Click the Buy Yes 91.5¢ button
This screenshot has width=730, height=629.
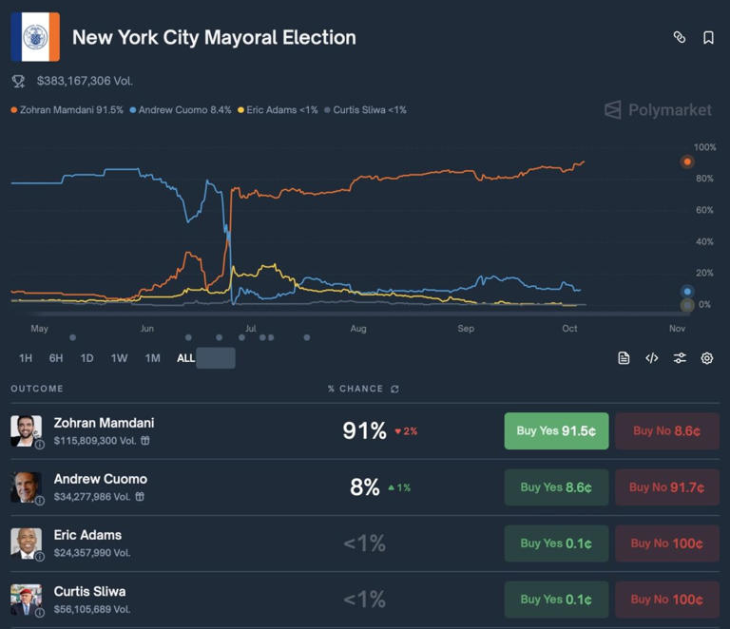point(556,430)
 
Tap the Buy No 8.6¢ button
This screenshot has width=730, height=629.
point(666,430)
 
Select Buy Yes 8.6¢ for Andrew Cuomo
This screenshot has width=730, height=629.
point(556,487)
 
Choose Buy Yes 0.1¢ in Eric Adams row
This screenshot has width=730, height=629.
point(556,543)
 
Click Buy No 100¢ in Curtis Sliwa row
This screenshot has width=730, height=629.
point(666,600)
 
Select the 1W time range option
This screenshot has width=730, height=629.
point(119,358)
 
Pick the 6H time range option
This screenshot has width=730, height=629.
point(56,358)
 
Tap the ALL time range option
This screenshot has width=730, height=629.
point(185,358)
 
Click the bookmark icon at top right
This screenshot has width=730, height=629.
point(708,37)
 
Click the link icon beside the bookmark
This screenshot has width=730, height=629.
point(680,37)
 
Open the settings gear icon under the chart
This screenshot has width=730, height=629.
point(707,358)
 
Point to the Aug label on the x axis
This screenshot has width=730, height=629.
point(357,329)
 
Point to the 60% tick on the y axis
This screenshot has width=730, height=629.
point(704,210)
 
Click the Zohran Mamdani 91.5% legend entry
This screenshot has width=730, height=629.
point(67,110)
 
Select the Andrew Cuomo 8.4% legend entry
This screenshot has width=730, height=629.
point(181,110)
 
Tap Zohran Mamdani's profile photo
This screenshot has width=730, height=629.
point(26,430)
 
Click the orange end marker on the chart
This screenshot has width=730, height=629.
point(687,162)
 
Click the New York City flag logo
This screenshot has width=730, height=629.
point(35,37)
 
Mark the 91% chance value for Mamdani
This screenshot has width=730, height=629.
point(364,430)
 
